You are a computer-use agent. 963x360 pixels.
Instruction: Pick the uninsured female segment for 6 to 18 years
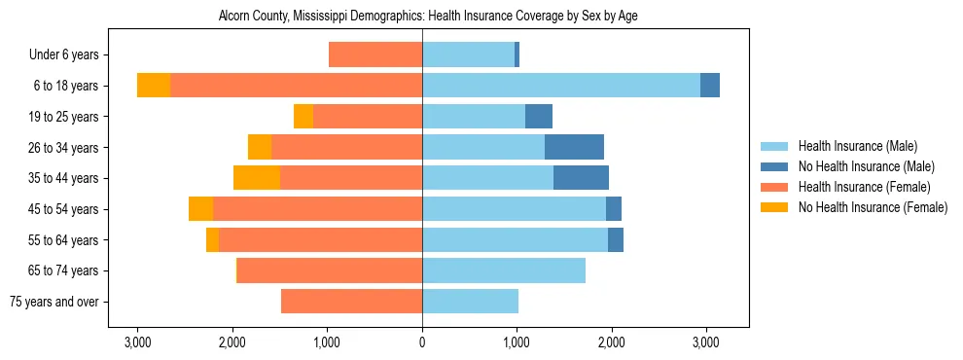pos(154,86)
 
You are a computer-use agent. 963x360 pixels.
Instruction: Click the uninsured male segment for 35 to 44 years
pos(581,178)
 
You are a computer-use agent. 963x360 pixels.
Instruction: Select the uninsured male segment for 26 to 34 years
pos(574,147)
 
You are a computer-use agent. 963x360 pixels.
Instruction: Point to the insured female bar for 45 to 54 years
pos(317,209)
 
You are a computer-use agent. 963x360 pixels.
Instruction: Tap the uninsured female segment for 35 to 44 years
pos(257,178)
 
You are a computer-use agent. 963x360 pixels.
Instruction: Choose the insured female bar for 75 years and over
pos(351,302)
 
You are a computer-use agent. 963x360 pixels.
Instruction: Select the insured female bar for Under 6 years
pos(375,55)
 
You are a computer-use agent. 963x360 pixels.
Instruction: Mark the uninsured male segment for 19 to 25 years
pos(539,117)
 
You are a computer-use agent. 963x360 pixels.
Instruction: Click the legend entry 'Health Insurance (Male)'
pos(857,146)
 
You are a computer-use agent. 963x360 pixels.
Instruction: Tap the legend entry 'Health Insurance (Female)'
pos(863,187)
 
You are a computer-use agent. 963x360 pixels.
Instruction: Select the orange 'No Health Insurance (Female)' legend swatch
pos(774,207)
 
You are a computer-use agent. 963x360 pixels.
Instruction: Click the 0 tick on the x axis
pos(422,342)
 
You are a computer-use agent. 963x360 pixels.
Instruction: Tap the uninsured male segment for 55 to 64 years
pos(616,239)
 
